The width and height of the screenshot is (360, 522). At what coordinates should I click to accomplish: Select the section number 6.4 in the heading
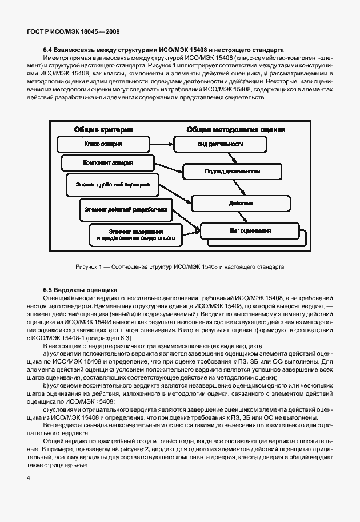[49, 50]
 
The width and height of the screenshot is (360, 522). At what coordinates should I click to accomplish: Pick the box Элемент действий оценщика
[109, 185]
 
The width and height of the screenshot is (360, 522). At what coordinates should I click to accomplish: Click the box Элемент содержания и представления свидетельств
[135, 233]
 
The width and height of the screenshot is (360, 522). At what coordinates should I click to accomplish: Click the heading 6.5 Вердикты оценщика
[80, 290]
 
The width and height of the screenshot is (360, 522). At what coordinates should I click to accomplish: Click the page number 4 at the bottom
[28, 476]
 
